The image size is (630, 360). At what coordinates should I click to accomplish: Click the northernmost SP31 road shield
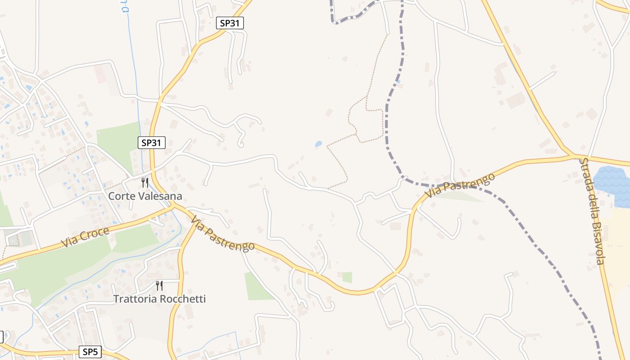pyautogui.click(x=230, y=23)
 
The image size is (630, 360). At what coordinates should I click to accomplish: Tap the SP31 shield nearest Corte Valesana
pyautogui.click(x=152, y=143)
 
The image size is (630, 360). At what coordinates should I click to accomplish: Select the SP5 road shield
pyautogui.click(x=90, y=352)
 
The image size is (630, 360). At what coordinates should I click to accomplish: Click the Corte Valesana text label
pyautogui.click(x=145, y=196)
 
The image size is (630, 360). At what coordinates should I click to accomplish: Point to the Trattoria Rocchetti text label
pyautogui.click(x=159, y=299)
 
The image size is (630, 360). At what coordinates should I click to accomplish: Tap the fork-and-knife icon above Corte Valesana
pyautogui.click(x=144, y=182)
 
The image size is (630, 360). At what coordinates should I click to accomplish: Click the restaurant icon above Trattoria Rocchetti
pyautogui.click(x=159, y=285)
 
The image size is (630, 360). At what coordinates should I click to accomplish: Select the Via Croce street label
pyautogui.click(x=85, y=237)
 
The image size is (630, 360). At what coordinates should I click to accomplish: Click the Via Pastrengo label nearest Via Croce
pyautogui.click(x=222, y=234)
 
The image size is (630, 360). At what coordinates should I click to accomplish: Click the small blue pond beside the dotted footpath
pyautogui.click(x=319, y=144)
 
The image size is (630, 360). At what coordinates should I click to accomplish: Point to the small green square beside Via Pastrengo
pyautogui.click(x=347, y=277)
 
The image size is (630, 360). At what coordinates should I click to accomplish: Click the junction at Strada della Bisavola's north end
pyautogui.click(x=574, y=156)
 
